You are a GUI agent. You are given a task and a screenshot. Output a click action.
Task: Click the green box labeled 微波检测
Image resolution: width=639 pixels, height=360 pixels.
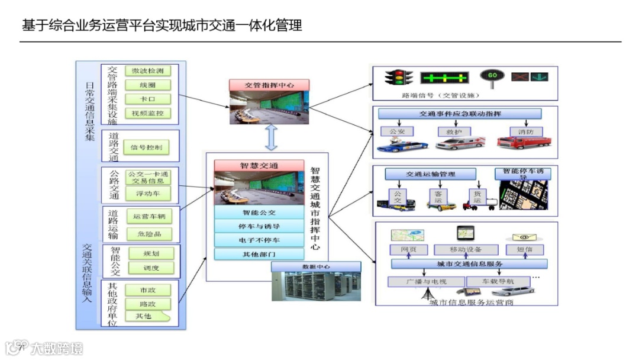pyautogui.click(x=148, y=71)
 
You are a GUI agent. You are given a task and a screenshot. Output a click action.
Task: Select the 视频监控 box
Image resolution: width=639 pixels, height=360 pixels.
pyautogui.click(x=148, y=112)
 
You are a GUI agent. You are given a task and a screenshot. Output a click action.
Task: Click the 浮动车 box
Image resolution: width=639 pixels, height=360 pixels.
pyautogui.click(x=148, y=193)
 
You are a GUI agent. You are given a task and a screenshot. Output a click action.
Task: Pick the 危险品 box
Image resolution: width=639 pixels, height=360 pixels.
pyautogui.click(x=148, y=233)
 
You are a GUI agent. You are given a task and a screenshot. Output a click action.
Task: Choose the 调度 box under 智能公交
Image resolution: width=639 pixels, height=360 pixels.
pyautogui.click(x=151, y=268)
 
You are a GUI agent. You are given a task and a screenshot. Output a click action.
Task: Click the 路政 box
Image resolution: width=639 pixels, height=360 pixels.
pyautogui.click(x=148, y=304)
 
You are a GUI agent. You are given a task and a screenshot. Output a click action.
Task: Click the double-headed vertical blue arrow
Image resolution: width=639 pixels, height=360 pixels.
pyautogui.click(x=271, y=138)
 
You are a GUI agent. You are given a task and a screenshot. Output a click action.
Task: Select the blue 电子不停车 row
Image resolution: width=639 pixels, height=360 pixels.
pyautogui.click(x=259, y=240)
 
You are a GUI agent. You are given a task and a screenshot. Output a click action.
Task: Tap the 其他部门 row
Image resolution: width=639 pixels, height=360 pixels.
pyautogui.click(x=259, y=254)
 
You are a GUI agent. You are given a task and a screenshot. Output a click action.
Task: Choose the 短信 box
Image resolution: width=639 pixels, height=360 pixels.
pyautogui.click(x=525, y=250)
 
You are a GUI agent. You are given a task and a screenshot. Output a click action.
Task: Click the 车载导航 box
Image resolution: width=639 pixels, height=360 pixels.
pyautogui.click(x=496, y=281)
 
